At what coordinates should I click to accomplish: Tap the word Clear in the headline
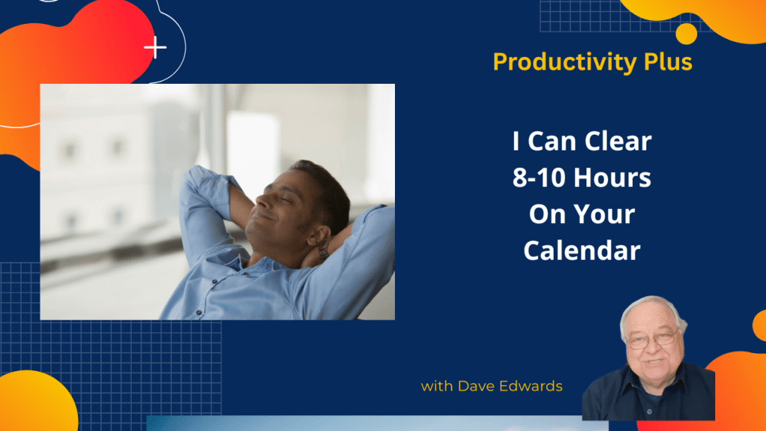tap(618, 141)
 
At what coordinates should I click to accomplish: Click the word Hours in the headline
tap(612, 177)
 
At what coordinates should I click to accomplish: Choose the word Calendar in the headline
tap(582, 251)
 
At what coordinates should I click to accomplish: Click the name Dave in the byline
tap(473, 386)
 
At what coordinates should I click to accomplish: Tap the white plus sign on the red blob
tap(156, 47)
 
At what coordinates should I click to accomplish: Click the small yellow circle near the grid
tap(687, 34)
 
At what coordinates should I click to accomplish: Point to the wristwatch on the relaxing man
tap(323, 251)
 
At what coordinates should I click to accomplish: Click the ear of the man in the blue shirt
tap(319, 236)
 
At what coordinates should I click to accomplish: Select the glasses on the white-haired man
tap(652, 338)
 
